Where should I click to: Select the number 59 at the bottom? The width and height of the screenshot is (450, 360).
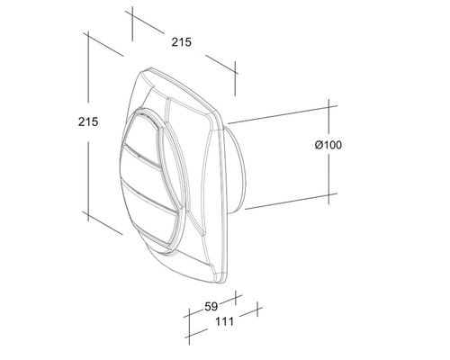[x=211, y=307]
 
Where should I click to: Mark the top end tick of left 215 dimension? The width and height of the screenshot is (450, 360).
[x=87, y=37]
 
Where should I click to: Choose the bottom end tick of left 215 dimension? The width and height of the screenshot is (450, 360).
[x=87, y=213]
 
